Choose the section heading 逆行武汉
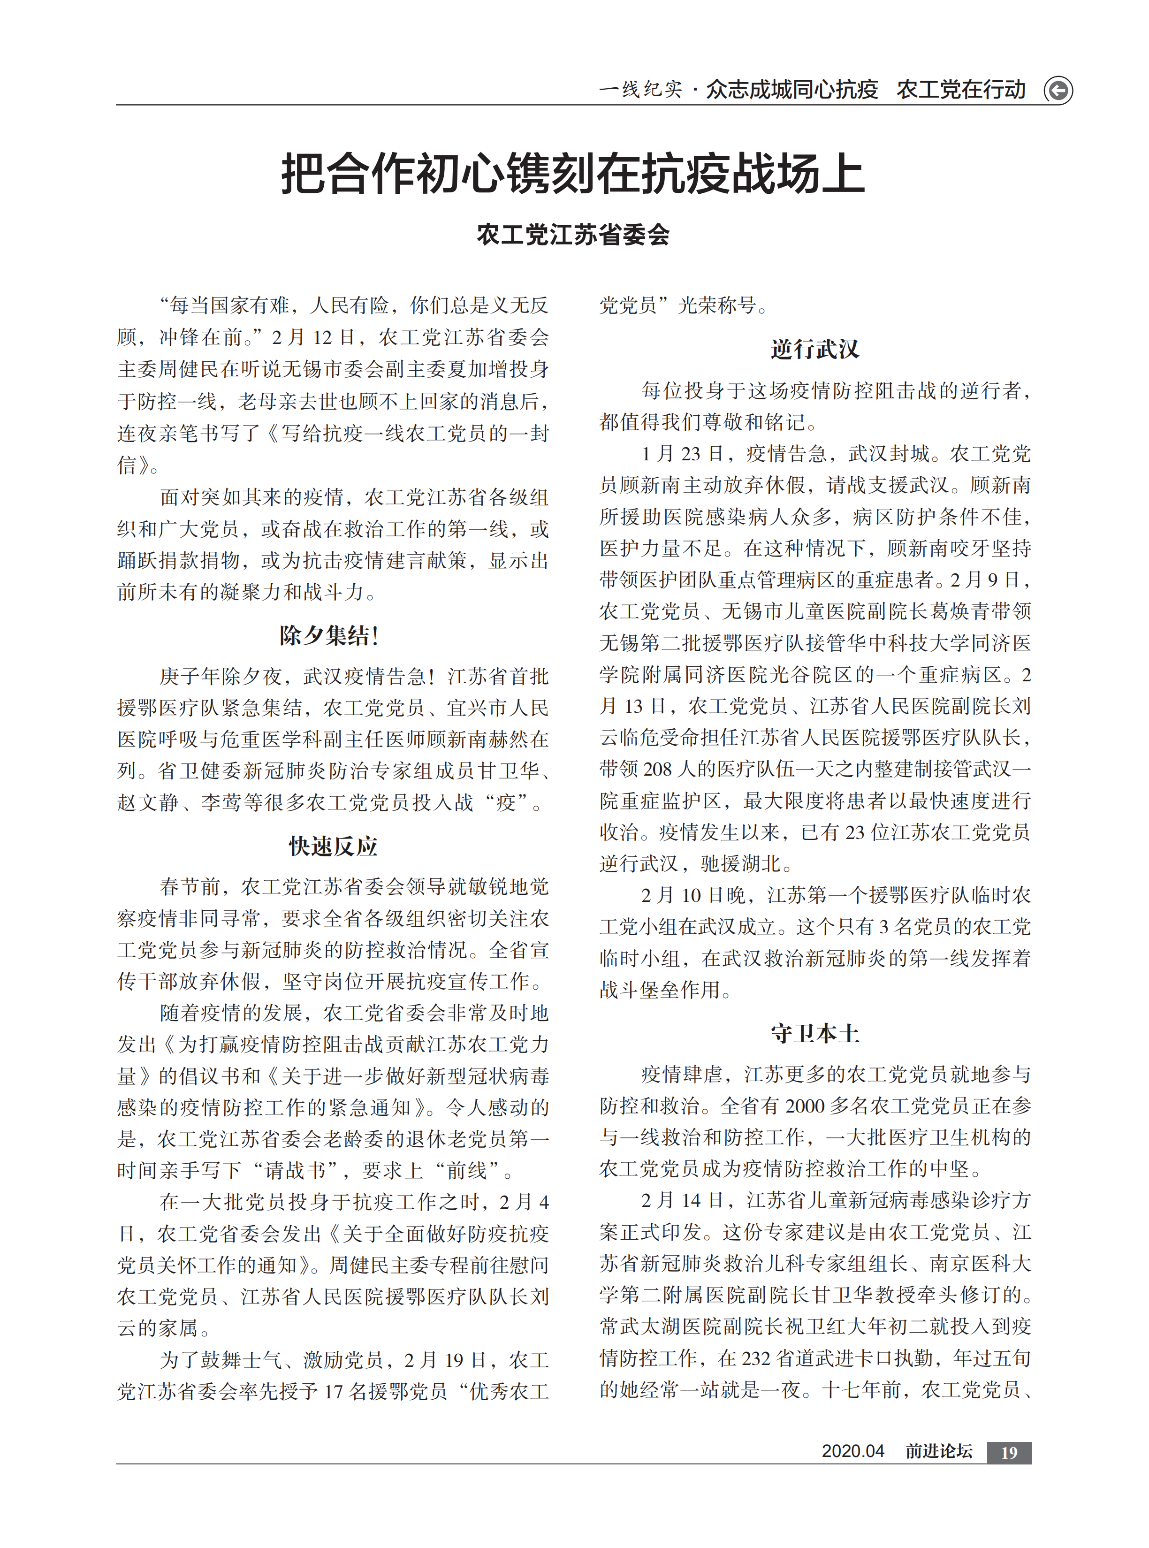(814, 349)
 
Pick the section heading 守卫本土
(814, 1033)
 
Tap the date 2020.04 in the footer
(852, 1451)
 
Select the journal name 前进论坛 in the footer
(938, 1451)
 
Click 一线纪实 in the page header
(640, 90)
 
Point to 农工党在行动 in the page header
(960, 90)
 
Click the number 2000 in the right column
(809, 1106)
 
